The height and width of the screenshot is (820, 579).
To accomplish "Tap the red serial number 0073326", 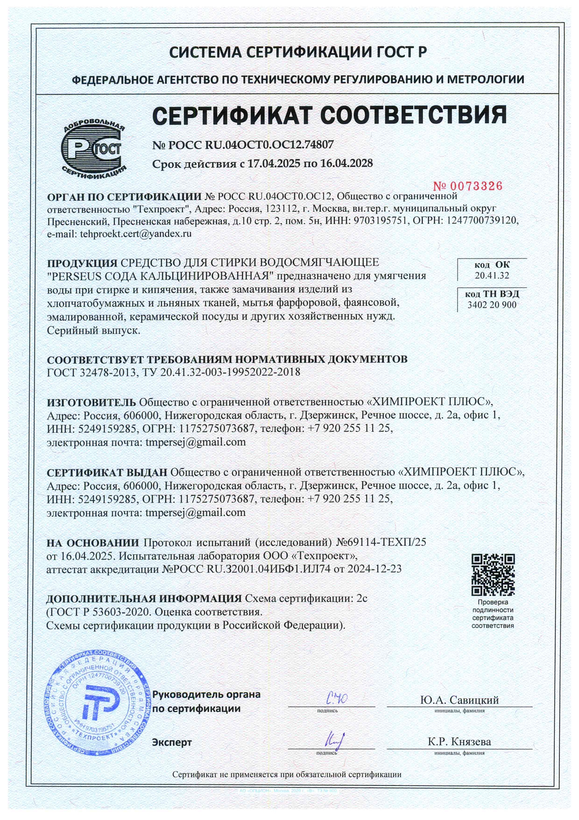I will (468, 186).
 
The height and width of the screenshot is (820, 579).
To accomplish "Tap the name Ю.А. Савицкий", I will (459, 700).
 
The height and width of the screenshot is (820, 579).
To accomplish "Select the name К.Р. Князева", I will (459, 742).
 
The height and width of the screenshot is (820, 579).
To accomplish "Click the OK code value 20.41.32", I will (492, 275).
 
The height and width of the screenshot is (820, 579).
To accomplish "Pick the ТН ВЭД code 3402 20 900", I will (492, 305).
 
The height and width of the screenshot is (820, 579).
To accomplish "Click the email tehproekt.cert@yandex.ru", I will (135, 233).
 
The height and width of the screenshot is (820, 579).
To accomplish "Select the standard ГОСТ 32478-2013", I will (92, 372).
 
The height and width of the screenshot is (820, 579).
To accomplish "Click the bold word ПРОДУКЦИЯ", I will (82, 262).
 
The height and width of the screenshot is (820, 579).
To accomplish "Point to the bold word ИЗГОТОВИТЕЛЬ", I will (92, 402).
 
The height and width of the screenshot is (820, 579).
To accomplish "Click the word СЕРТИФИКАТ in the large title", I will (228, 115).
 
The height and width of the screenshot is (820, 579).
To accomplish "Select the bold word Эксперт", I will (172, 742).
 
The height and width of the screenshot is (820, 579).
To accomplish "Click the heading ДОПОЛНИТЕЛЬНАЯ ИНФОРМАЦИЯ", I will (144, 599).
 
